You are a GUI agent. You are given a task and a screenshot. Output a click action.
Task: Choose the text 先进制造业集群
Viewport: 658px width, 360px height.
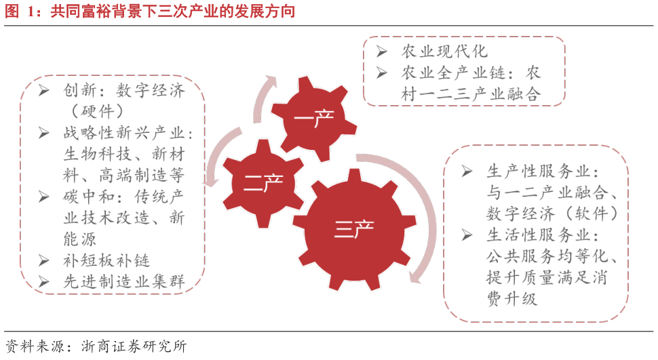click(x=123, y=282)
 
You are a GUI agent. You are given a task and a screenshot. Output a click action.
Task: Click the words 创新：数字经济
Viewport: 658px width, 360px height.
click(x=123, y=90)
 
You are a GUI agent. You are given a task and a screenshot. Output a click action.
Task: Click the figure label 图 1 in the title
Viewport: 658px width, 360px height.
click(x=19, y=12)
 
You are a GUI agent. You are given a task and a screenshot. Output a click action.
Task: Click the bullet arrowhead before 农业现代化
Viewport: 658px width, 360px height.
click(x=382, y=52)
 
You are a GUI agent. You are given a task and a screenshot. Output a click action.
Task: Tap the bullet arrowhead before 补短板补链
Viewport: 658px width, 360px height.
click(x=44, y=260)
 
